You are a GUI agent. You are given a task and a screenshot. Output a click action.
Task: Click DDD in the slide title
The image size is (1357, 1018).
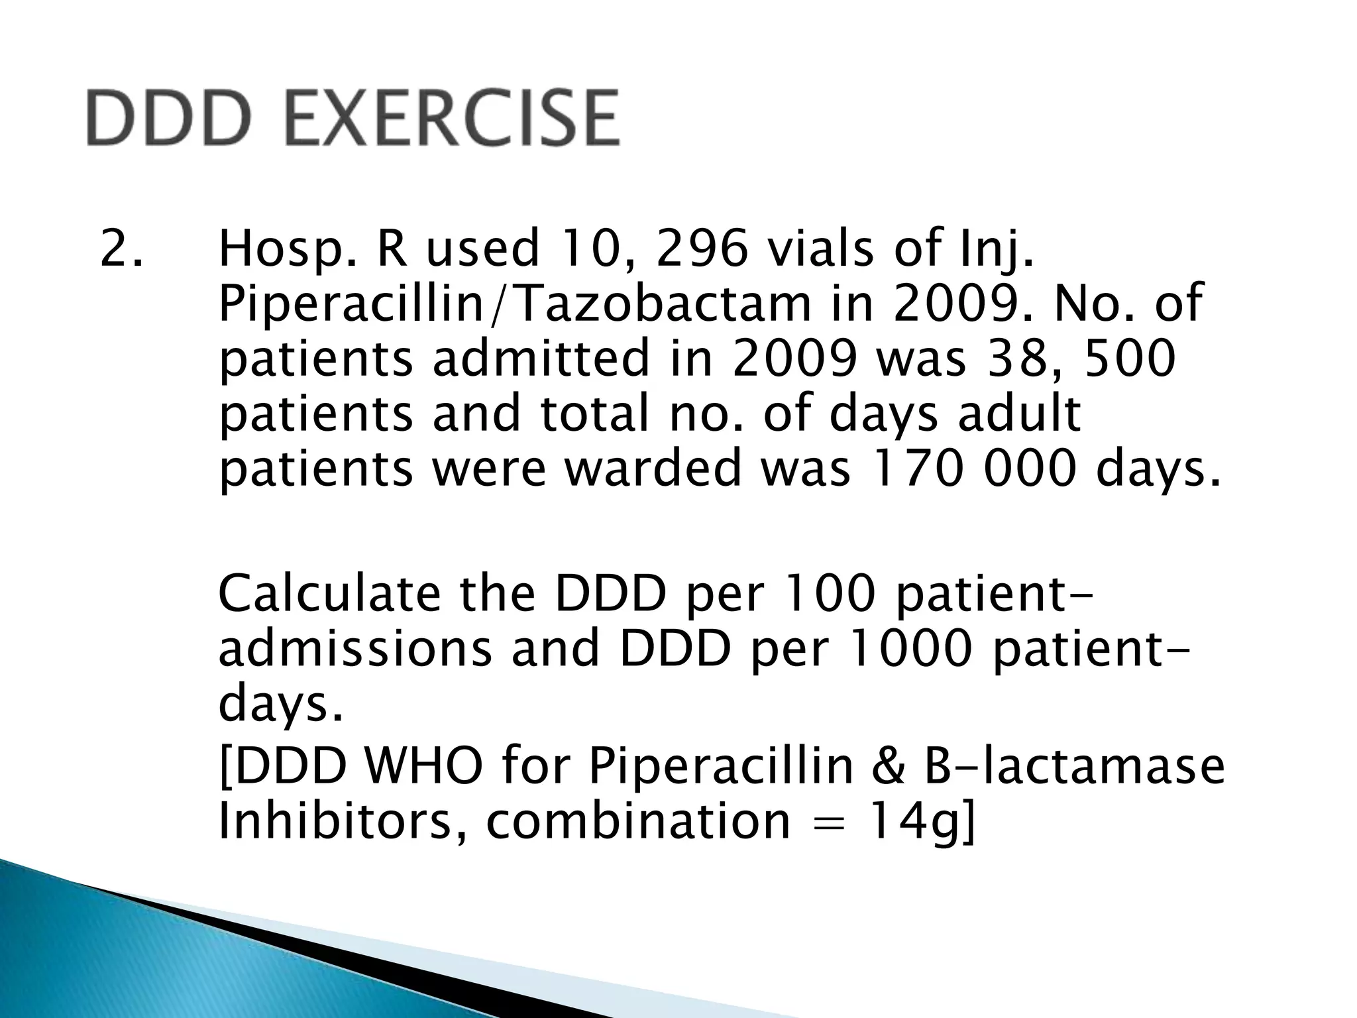pos(170,119)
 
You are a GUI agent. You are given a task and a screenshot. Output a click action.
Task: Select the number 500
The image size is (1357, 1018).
pos(1126,359)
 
